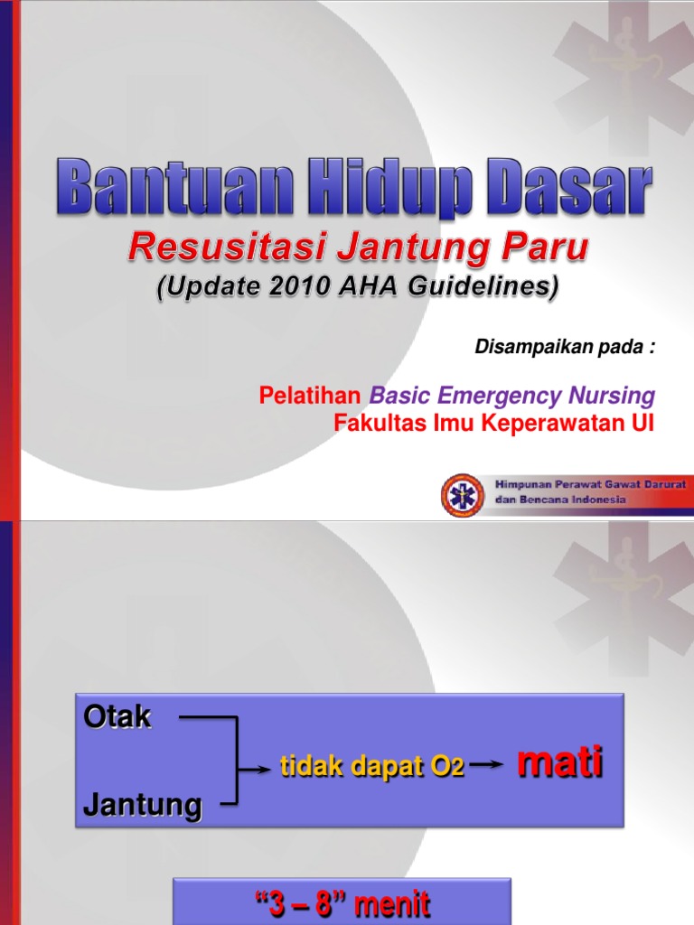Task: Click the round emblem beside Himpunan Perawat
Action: [463, 495]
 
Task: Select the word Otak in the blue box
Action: [117, 719]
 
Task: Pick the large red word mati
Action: [559, 764]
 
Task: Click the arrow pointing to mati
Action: [487, 767]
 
